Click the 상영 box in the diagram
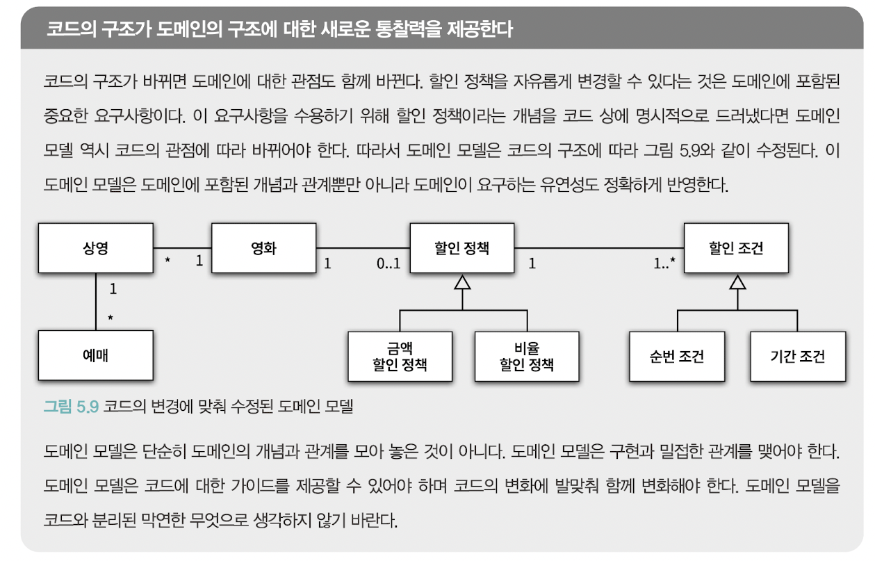click(95, 247)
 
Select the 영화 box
click(263, 247)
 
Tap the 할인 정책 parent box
click(461, 247)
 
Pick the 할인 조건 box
click(736, 247)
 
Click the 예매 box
click(95, 355)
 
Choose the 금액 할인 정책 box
click(400, 356)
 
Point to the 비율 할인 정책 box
click(527, 356)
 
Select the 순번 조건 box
click(677, 356)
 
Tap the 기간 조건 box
click(797, 356)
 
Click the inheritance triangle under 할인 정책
click(462, 282)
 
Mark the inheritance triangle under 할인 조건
click(737, 282)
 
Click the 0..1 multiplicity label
click(389, 264)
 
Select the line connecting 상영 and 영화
click(182, 248)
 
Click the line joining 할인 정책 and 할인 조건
click(598, 248)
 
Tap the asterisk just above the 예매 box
click(110, 318)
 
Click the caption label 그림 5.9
click(72, 407)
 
